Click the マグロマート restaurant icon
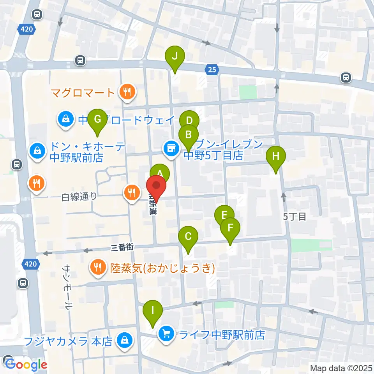(x=127, y=92)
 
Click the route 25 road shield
(x=212, y=70)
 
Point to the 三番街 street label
(x=122, y=247)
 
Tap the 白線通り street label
(x=79, y=197)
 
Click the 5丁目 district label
(x=295, y=217)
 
